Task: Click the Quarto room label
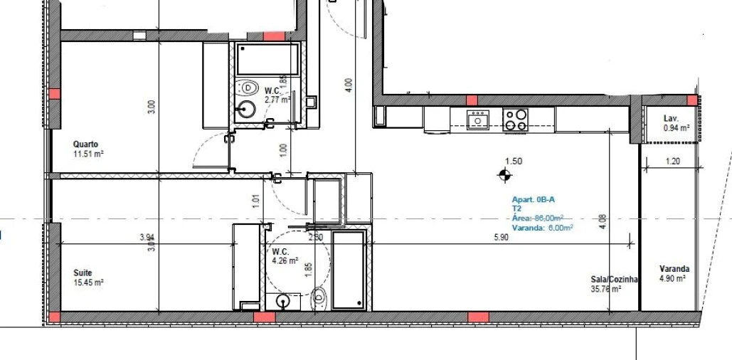(85, 143)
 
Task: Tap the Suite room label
(83, 272)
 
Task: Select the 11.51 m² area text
(89, 153)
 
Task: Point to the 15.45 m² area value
(89, 282)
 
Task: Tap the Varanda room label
(674, 269)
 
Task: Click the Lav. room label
(671, 118)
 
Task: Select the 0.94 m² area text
(677, 128)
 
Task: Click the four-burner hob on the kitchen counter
(515, 120)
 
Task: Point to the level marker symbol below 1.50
(505, 174)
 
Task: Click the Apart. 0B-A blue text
(534, 200)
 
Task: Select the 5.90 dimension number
(501, 238)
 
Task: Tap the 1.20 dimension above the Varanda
(673, 162)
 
